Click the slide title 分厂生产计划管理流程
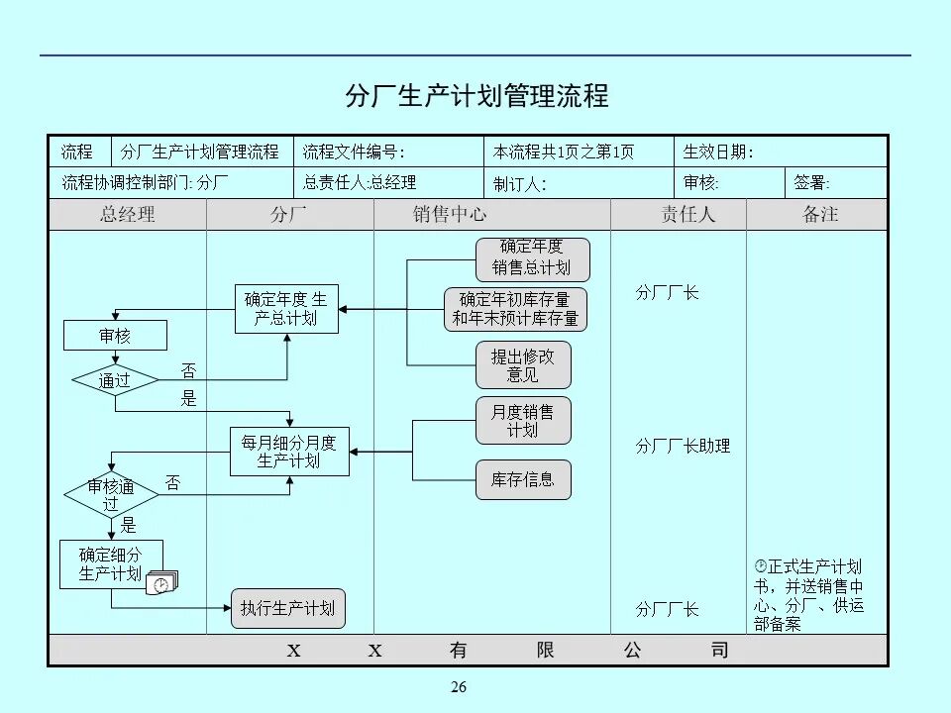click(x=475, y=96)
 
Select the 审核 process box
click(x=115, y=336)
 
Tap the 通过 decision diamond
click(x=115, y=380)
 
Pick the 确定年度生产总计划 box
click(x=285, y=309)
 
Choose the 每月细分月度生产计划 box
click(x=289, y=452)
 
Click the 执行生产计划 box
click(x=287, y=608)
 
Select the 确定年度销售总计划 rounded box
click(x=533, y=258)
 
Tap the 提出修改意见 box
click(x=523, y=365)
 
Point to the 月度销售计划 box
click(x=523, y=421)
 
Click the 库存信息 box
click(x=523, y=479)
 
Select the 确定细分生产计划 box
click(x=110, y=563)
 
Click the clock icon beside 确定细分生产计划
click(x=161, y=584)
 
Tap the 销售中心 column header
click(x=451, y=215)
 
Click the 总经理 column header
click(x=128, y=215)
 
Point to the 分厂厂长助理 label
click(x=683, y=447)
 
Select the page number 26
click(x=458, y=688)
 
